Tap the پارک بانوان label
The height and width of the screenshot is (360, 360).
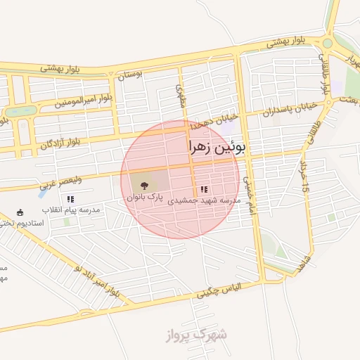145,198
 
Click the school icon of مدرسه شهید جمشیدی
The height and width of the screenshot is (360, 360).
204,189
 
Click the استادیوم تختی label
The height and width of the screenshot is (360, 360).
24,223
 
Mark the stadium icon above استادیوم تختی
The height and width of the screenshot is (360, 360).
20,212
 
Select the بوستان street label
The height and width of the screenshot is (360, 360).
130,73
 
